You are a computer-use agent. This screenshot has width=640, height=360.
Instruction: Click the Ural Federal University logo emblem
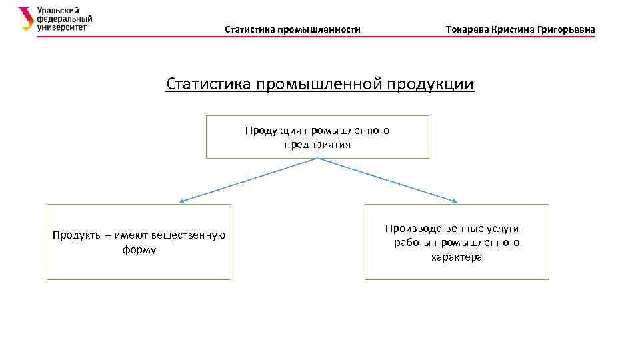pos(25,19)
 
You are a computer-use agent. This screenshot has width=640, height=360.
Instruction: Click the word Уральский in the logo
pos(58,11)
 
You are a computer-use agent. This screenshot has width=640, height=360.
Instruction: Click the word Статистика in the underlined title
pos(207,85)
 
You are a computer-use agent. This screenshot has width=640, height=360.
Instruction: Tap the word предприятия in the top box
pos(317,144)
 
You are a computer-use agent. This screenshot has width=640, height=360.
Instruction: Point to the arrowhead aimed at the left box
pos(182,200)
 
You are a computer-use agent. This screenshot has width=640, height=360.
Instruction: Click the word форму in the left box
pos(139,250)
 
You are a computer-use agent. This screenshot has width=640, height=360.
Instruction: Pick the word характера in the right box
pos(457,257)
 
